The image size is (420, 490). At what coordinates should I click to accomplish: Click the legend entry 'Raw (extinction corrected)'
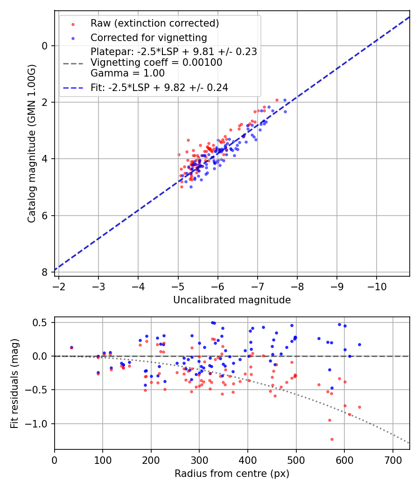point(154,23)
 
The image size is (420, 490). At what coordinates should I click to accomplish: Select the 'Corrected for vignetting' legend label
point(149,37)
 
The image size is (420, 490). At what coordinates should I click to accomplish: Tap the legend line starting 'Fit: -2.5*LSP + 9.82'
point(159,87)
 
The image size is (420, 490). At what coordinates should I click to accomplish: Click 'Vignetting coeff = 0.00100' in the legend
point(156,63)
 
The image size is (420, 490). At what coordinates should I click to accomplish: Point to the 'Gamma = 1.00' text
point(127,73)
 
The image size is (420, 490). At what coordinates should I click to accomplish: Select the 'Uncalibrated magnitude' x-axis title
point(232,300)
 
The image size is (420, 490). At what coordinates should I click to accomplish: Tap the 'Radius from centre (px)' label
point(232,474)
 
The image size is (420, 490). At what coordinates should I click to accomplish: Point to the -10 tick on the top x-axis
point(377,286)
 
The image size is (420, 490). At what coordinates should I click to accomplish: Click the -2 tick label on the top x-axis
point(59,286)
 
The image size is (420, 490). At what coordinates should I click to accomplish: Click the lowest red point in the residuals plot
point(332,439)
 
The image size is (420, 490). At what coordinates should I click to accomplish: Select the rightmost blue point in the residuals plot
point(359,344)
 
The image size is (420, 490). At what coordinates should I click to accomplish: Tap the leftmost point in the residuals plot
point(71,347)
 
